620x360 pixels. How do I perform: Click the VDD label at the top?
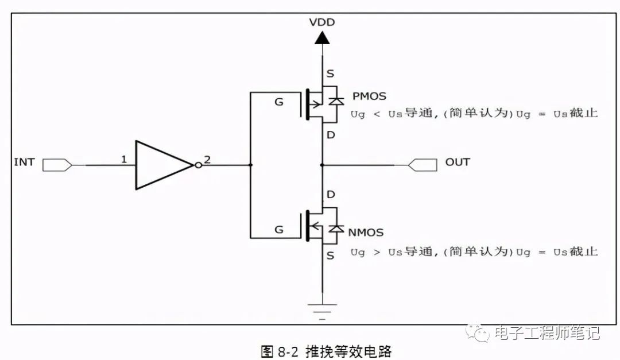tap(322, 22)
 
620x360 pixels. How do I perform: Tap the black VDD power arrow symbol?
tap(322, 38)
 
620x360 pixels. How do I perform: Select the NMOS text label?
tap(365, 233)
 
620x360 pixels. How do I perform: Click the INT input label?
tap(24, 162)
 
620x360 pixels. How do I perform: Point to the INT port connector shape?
tap(57, 165)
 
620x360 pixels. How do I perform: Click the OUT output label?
tap(458, 162)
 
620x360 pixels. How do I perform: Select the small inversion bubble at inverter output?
tap(198, 165)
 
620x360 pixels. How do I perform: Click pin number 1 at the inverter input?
tap(123, 159)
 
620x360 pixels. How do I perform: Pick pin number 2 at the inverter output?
tap(207, 159)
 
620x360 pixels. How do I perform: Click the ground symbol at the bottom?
tap(322, 310)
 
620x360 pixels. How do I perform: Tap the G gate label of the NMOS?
tap(279, 230)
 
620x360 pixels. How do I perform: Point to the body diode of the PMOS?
tap(336, 101)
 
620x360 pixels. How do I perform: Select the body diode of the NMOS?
tap(336, 229)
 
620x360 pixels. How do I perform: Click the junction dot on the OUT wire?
tap(322, 165)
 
